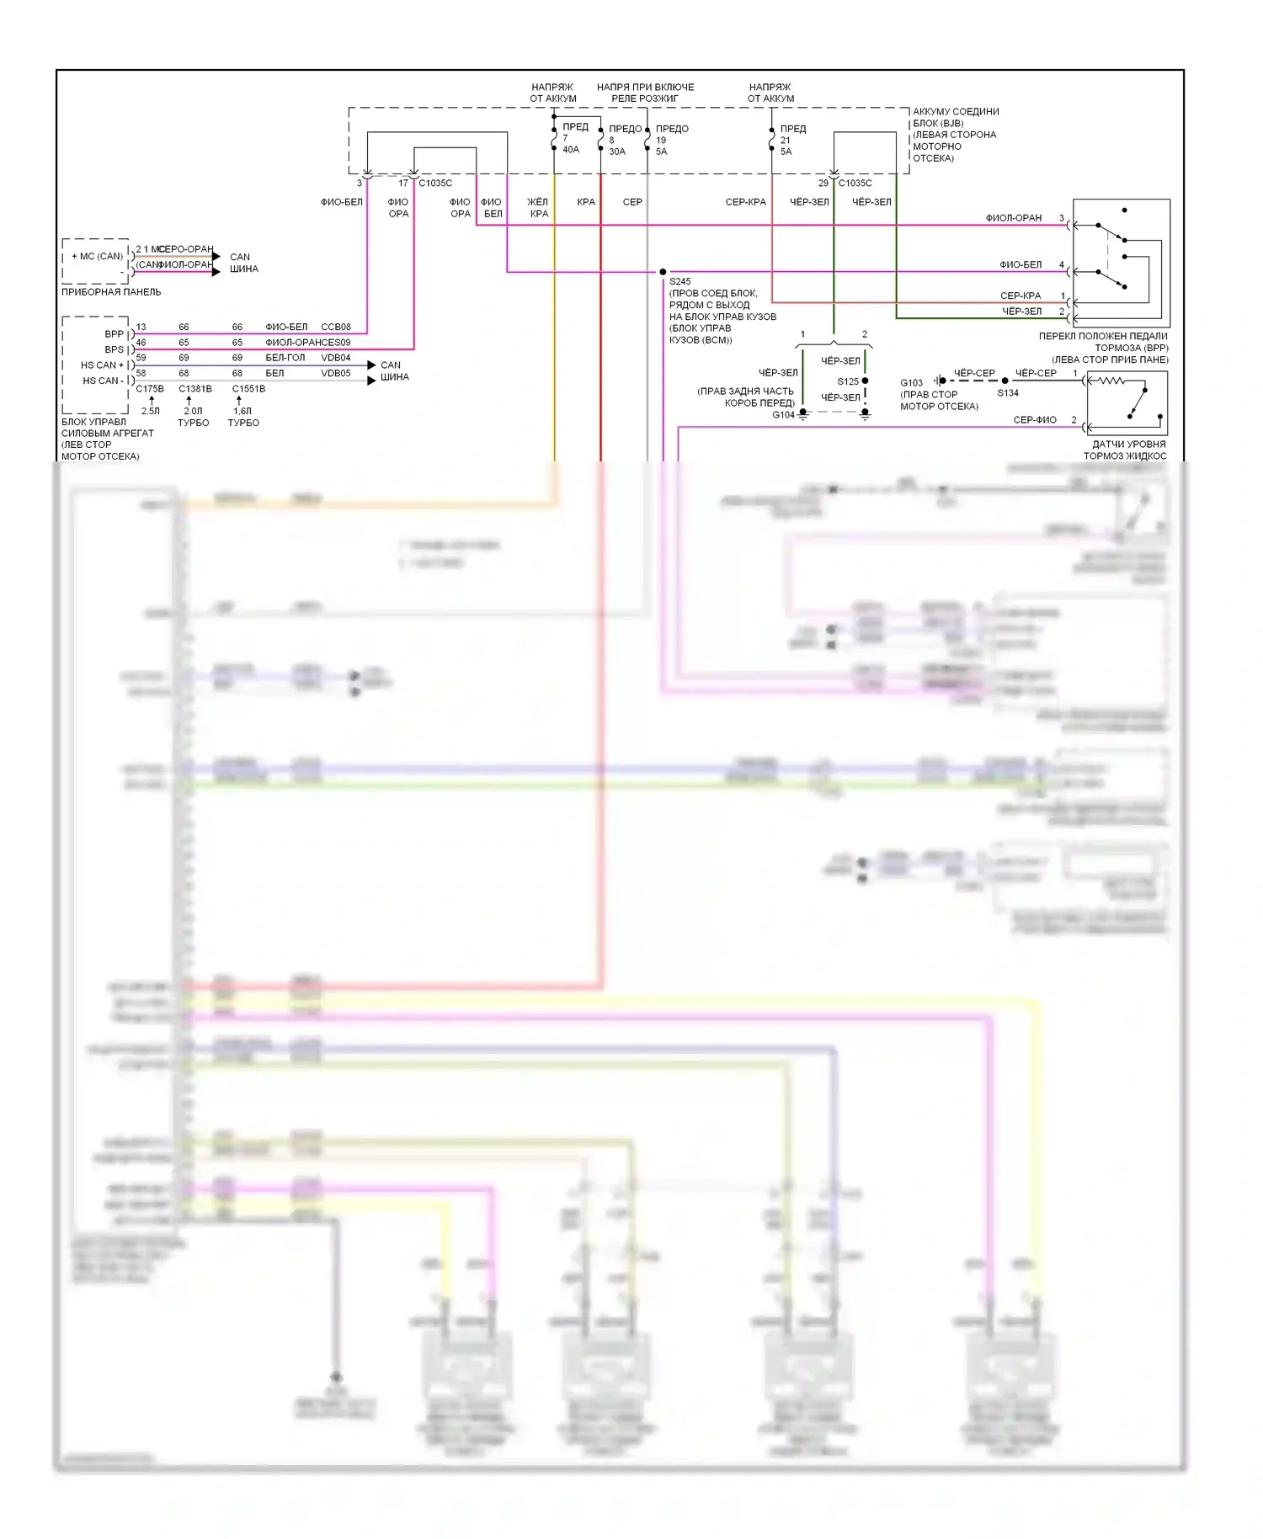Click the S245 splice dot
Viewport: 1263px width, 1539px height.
(663, 272)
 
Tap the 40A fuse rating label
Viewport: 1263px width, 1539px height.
(571, 150)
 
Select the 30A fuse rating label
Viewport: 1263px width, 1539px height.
(617, 152)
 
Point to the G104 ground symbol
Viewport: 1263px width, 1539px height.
(803, 413)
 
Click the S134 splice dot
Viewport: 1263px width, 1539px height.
(1005, 381)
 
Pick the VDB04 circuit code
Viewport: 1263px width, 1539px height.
(335, 358)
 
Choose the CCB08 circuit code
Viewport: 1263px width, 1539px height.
(335, 327)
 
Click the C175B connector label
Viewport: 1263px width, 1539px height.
(150, 389)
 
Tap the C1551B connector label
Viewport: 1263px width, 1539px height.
(248, 389)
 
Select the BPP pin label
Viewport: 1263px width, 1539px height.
(114, 334)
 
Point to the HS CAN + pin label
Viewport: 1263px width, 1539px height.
(102, 365)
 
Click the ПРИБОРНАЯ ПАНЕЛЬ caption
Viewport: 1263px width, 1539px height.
(111, 292)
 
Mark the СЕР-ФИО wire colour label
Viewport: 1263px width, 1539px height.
(1035, 419)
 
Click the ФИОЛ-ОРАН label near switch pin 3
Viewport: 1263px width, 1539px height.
(1014, 218)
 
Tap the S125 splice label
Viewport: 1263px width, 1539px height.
(847, 381)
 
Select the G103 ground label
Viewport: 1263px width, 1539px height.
(911, 382)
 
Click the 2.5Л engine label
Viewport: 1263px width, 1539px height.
(150, 412)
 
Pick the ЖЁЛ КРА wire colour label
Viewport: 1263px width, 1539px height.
(538, 208)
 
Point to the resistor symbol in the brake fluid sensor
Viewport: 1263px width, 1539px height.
(1111, 381)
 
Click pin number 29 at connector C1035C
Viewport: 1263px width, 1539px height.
(823, 183)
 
